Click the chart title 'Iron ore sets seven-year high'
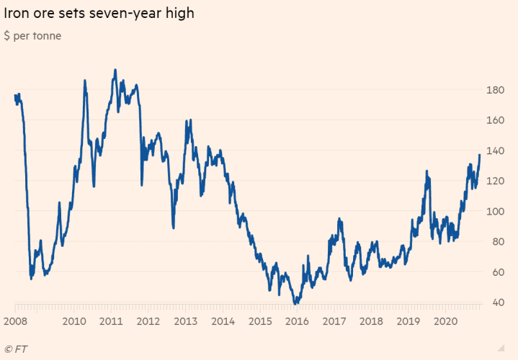click(99, 14)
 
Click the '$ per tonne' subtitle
click(32, 36)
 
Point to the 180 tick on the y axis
click(495, 90)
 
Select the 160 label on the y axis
click(495, 120)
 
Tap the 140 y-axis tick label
click(495, 150)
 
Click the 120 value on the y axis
click(495, 181)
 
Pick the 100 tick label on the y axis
click(495, 211)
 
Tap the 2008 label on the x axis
click(16, 321)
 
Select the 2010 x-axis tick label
click(74, 321)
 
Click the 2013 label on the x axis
click(185, 321)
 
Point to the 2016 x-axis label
click(296, 321)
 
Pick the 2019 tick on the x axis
click(407, 321)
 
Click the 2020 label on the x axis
click(445, 321)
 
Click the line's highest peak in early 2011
click(115, 71)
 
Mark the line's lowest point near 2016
click(295, 303)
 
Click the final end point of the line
click(480, 155)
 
